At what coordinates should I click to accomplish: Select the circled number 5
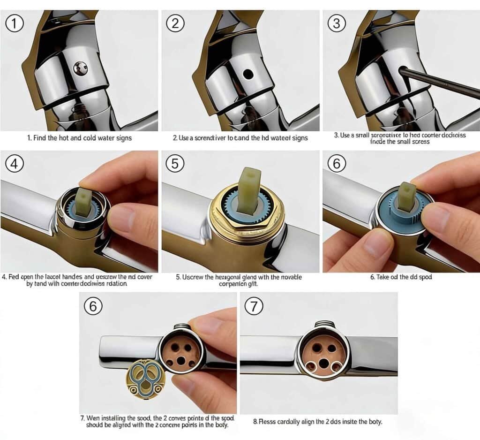click(x=175, y=164)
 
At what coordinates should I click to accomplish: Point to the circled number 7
click(x=254, y=306)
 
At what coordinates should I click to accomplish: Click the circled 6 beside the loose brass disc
click(x=93, y=306)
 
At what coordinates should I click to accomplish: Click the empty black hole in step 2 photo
click(x=248, y=74)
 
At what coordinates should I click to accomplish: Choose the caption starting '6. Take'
click(x=401, y=277)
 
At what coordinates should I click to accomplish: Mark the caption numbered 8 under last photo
click(x=317, y=422)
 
